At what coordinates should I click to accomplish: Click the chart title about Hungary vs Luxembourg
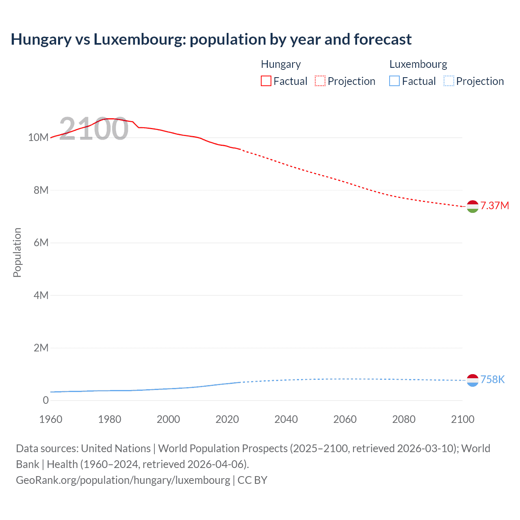pyautogui.click(x=211, y=39)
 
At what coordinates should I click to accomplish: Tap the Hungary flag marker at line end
pyautogui.click(x=472, y=207)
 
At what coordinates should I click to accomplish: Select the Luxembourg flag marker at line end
pyautogui.click(x=472, y=380)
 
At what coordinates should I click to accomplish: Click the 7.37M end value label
pyautogui.click(x=494, y=206)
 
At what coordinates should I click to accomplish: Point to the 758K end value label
pyautogui.click(x=492, y=379)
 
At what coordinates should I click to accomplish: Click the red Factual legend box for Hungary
pyautogui.click(x=266, y=81)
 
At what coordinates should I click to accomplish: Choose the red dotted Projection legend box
pyautogui.click(x=320, y=81)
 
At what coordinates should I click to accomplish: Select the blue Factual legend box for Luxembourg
pyautogui.click(x=394, y=81)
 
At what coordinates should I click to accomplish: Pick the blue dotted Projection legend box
pyautogui.click(x=449, y=81)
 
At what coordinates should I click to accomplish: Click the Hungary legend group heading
pyautogui.click(x=281, y=64)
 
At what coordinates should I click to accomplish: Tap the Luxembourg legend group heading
pyautogui.click(x=418, y=64)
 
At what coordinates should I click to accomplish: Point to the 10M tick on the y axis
pyautogui.click(x=38, y=137)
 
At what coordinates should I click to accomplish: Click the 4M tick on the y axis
pyautogui.click(x=41, y=295)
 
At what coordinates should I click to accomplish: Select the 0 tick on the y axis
pyautogui.click(x=45, y=400)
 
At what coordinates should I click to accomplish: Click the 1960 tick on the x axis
pyautogui.click(x=51, y=419)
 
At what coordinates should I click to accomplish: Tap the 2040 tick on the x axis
pyautogui.click(x=286, y=419)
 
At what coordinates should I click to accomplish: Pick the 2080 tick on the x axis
pyautogui.click(x=404, y=419)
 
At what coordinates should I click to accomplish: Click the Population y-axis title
pyautogui.click(x=17, y=252)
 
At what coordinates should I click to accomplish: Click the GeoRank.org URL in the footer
pyautogui.click(x=123, y=480)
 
